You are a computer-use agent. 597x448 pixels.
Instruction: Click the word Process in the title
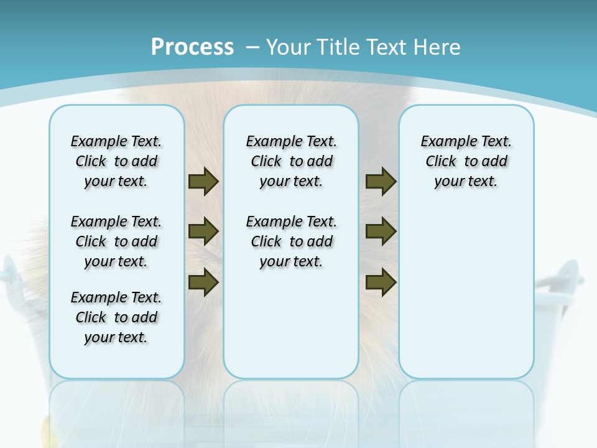point(192,47)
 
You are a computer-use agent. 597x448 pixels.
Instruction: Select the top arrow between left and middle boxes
point(203,181)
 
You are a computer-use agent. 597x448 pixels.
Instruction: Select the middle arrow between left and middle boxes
point(203,231)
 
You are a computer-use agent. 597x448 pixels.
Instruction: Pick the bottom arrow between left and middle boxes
point(203,282)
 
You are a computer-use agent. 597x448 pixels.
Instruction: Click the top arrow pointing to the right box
point(381,181)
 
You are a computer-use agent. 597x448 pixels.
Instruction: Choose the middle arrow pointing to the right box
point(381,231)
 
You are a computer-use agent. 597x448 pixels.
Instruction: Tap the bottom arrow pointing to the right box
point(381,282)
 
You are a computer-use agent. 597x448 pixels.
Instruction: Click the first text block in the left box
point(116,161)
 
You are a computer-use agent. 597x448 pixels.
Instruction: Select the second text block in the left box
point(116,241)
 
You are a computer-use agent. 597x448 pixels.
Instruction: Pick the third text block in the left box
point(116,317)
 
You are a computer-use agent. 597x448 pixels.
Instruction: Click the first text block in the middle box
point(291,161)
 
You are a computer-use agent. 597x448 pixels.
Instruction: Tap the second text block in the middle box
point(291,241)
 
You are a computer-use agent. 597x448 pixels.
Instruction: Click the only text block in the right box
point(466,161)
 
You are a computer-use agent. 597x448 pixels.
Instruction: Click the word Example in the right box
point(443,142)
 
